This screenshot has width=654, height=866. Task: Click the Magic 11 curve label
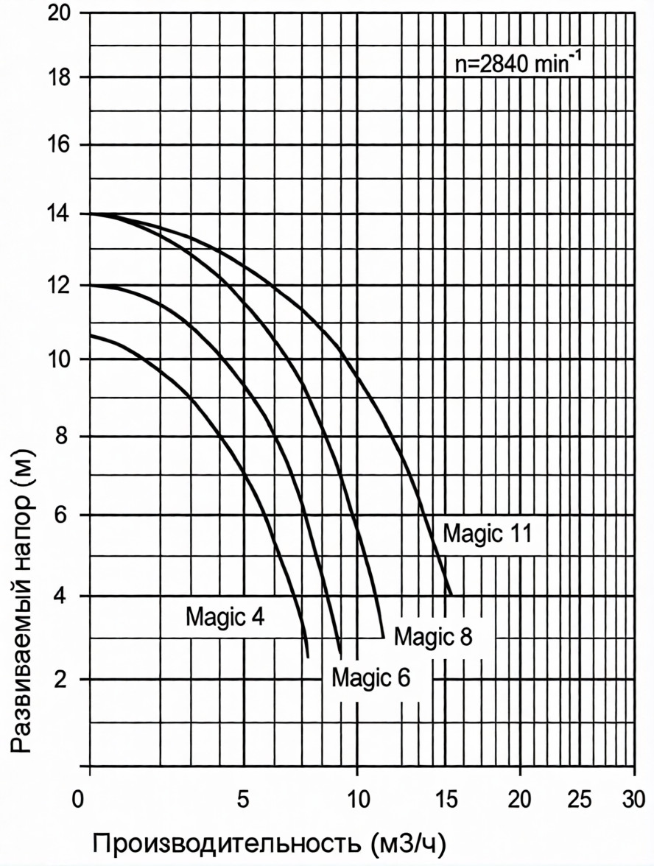pyautogui.click(x=487, y=534)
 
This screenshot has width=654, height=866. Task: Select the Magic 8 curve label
pyautogui.click(x=432, y=636)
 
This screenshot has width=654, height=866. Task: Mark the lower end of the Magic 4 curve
pyautogui.click(x=308, y=657)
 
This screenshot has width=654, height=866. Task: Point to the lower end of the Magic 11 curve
pyautogui.click(x=451, y=594)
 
